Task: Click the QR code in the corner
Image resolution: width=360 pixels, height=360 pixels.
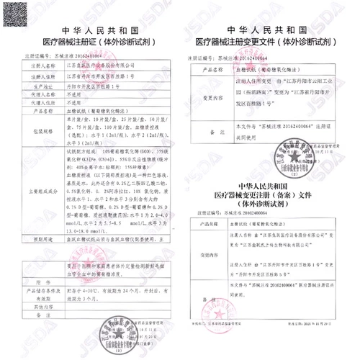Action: tap(16, 16)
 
